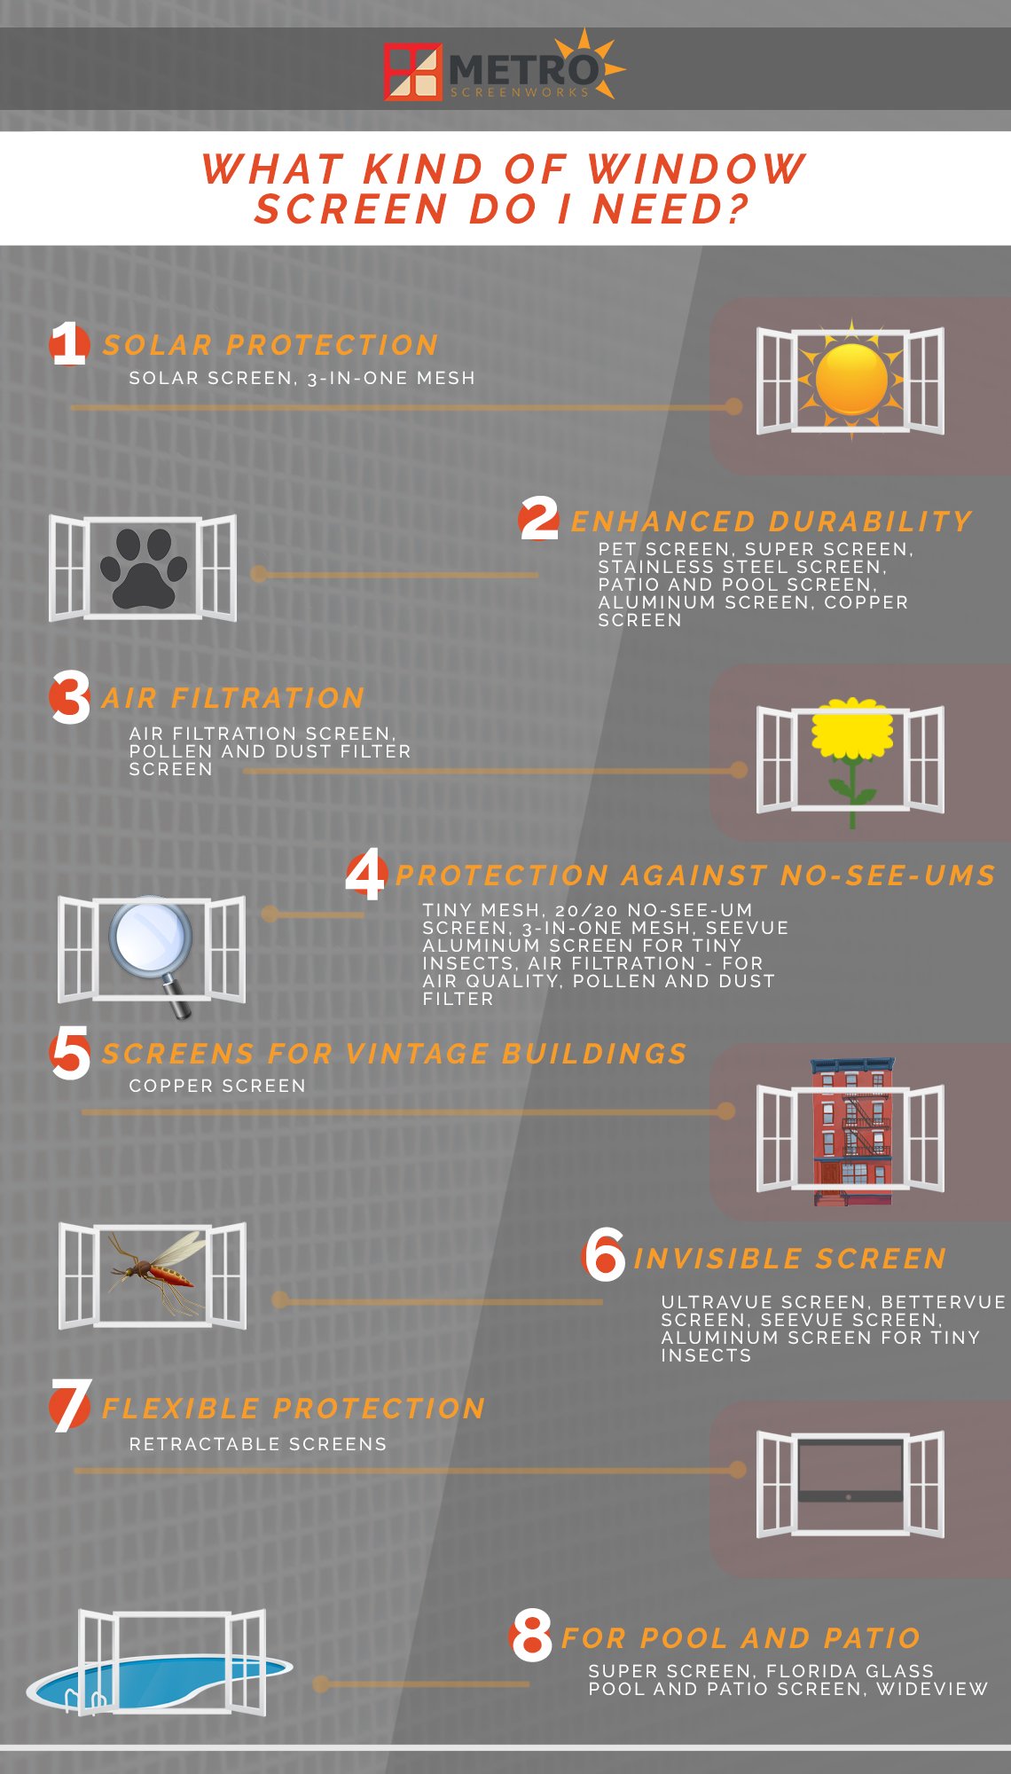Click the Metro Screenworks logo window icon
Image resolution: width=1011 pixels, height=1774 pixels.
tap(413, 72)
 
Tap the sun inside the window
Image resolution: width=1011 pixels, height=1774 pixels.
tap(851, 380)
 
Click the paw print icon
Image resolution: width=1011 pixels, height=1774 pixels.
tap(144, 568)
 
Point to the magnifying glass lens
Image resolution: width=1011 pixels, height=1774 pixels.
tap(151, 938)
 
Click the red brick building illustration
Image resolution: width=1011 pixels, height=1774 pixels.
tap(852, 1132)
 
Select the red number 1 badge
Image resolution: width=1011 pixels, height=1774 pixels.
tap(69, 344)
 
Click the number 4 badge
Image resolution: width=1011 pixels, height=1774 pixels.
tap(366, 875)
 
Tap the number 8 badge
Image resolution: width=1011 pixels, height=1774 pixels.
tap(532, 1637)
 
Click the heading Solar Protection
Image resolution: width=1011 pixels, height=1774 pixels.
tap(270, 345)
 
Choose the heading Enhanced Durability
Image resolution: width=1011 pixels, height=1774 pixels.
tap(772, 522)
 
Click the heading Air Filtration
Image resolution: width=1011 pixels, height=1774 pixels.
tap(233, 698)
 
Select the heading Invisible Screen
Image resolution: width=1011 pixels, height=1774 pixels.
tap(790, 1259)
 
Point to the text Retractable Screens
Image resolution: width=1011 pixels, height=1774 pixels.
tap(258, 1444)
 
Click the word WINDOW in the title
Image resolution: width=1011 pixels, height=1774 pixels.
tap(697, 169)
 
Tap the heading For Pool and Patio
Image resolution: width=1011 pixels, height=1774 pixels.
tap(741, 1638)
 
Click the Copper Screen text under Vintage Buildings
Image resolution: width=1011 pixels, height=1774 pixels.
tap(217, 1086)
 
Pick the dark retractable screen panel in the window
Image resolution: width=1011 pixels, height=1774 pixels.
tap(850, 1470)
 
